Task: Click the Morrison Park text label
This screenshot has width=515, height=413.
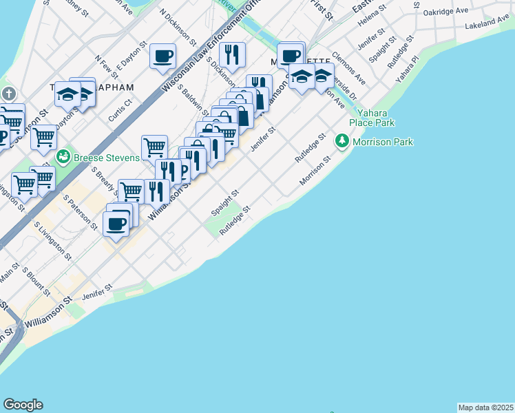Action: coord(383,142)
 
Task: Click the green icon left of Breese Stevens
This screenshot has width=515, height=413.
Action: coord(63,157)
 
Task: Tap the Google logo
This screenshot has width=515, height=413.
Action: coord(23,405)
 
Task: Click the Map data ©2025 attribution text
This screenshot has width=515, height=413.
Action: coord(485,407)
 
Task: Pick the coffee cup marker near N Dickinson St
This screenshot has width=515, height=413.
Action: coord(163,56)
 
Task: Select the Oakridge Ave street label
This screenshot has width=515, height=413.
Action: coord(445,12)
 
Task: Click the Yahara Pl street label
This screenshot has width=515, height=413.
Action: coord(408,72)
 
